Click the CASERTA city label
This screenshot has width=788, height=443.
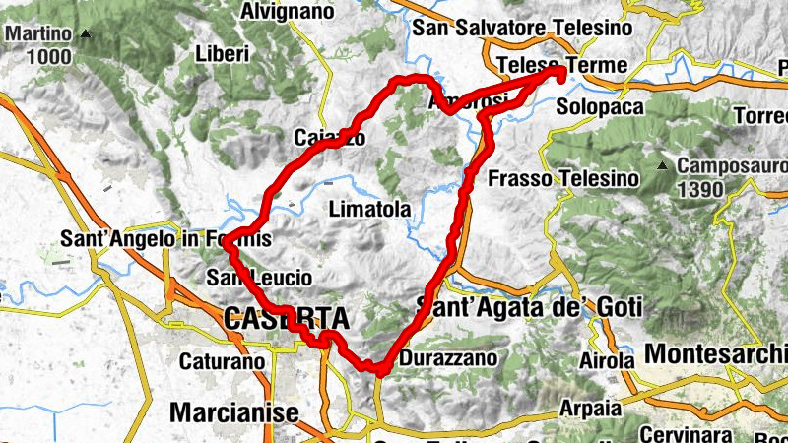(286, 319)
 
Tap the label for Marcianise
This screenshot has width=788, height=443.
(233, 411)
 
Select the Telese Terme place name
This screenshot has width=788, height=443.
(561, 65)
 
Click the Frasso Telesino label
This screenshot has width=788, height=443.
(563, 179)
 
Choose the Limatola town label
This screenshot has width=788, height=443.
(367, 210)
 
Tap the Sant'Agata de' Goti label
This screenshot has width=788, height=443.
(531, 307)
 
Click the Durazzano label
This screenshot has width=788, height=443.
(450, 359)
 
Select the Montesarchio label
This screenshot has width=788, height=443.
(716, 352)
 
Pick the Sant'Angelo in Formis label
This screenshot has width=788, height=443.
(165, 238)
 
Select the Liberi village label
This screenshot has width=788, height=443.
(223, 53)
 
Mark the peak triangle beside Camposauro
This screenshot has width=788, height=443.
(666, 164)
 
